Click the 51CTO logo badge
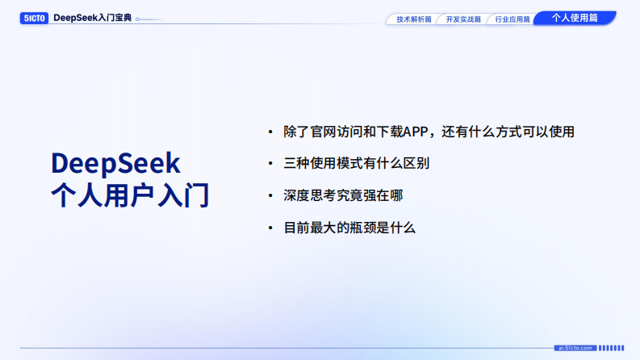[34, 17]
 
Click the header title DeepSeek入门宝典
[92, 17]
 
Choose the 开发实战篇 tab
[462, 19]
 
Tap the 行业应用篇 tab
[512, 19]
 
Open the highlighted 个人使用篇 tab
[575, 17]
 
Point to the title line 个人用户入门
[129, 195]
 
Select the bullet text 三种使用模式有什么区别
[356, 163]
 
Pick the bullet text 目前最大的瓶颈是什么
[349, 228]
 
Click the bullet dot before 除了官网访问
[270, 132]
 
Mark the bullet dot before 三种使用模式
[270, 164]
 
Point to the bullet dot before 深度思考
[270, 196]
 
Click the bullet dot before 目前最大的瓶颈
[270, 228]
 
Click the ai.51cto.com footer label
[575, 348]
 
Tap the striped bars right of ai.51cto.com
[611, 348]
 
